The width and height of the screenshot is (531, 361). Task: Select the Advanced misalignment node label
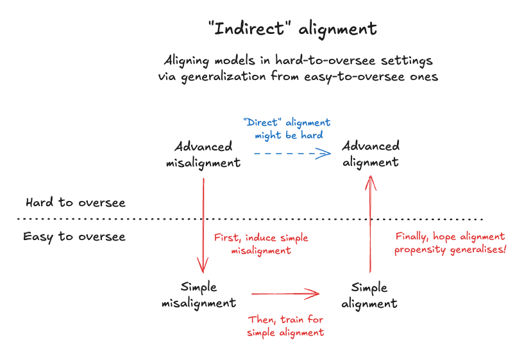203,155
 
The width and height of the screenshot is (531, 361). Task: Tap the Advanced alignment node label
370,154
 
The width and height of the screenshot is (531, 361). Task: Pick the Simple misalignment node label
199,294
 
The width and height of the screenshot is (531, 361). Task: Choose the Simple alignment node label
369,295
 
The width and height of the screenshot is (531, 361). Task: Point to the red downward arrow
203,224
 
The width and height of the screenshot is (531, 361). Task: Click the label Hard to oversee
75,203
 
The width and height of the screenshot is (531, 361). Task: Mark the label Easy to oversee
74,237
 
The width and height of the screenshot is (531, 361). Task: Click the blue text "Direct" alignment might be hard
287,129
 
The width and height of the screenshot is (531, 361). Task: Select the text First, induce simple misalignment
261,244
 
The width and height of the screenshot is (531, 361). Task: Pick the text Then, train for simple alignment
286,326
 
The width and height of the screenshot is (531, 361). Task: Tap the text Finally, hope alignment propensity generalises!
450,243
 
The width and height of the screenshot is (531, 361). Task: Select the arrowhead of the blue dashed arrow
326,153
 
